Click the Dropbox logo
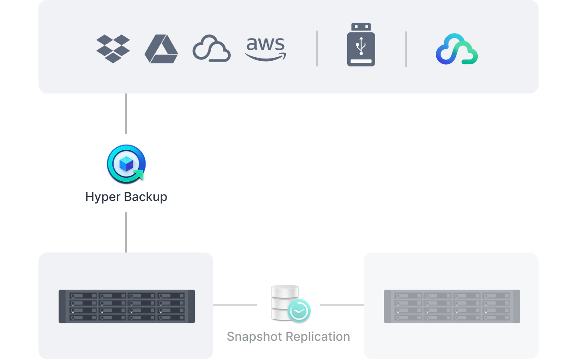113,49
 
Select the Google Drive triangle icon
161,49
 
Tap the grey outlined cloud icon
212,48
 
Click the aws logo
265,49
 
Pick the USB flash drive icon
361,45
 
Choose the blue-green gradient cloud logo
456,49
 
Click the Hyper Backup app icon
126,164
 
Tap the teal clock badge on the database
299,311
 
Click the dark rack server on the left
127,306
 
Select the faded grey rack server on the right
452,306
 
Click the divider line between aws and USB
317,49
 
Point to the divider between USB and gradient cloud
406,49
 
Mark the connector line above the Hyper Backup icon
126,114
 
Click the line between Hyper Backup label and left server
126,232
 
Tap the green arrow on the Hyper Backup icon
139,175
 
